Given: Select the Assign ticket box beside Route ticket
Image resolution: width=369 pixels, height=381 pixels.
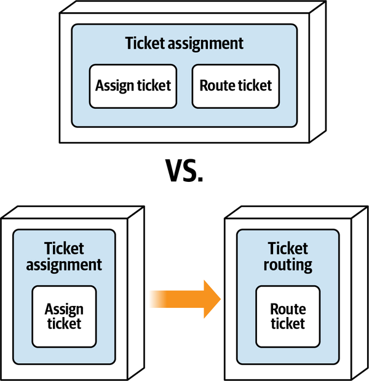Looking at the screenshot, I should [x=133, y=85].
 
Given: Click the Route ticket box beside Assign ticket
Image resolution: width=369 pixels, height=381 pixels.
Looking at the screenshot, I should [x=236, y=85].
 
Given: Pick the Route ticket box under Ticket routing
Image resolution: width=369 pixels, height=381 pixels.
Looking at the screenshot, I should [x=287, y=316].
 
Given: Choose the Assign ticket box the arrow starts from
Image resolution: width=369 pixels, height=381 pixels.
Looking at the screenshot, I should [x=64, y=316].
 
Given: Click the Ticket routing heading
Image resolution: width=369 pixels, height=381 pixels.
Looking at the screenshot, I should [x=287, y=257].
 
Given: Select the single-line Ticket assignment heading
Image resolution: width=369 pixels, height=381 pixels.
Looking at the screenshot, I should [x=184, y=44].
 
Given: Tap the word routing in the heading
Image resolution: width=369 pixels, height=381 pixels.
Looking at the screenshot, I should [x=288, y=265].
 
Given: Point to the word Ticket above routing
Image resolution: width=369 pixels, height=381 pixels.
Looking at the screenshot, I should [x=288, y=249].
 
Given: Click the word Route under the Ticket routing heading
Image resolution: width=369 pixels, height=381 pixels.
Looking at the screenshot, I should [x=287, y=309].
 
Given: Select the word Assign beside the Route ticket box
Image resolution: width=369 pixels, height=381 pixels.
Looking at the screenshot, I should [x=114, y=85].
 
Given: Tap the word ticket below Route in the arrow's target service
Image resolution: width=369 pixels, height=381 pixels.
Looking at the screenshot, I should [x=287, y=323].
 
